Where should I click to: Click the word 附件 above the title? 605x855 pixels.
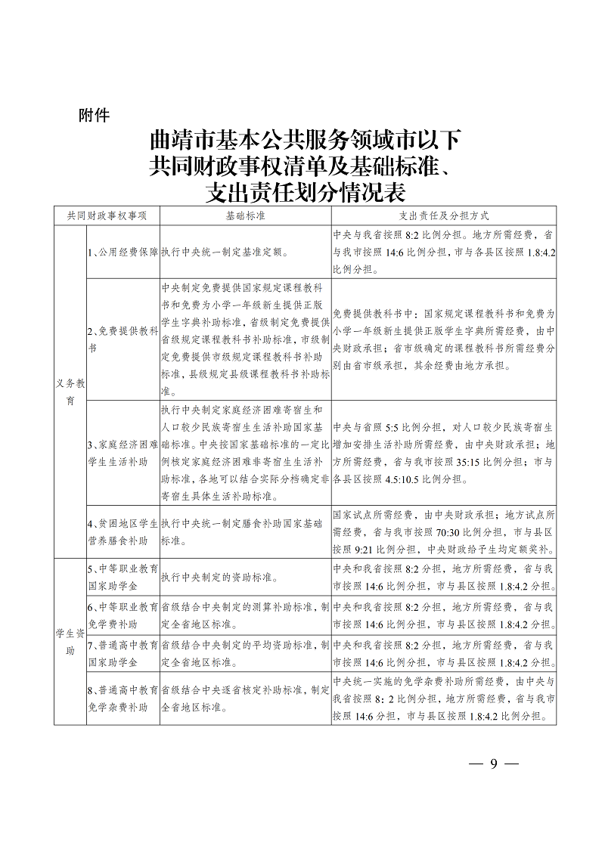[95, 116]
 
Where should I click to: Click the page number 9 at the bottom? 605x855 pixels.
[493, 764]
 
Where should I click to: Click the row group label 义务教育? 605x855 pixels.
[70, 392]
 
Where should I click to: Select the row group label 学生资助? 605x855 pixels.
[70, 642]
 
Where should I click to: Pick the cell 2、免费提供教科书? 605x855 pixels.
[123, 340]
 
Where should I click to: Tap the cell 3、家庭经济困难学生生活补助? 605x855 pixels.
[123, 452]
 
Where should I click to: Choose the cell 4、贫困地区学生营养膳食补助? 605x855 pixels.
[123, 533]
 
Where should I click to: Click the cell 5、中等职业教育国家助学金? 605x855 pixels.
[123, 578]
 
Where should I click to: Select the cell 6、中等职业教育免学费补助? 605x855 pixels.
[123, 615]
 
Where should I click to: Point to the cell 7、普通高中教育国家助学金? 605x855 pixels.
[123, 654]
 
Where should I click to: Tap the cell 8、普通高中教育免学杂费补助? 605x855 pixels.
[123, 699]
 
